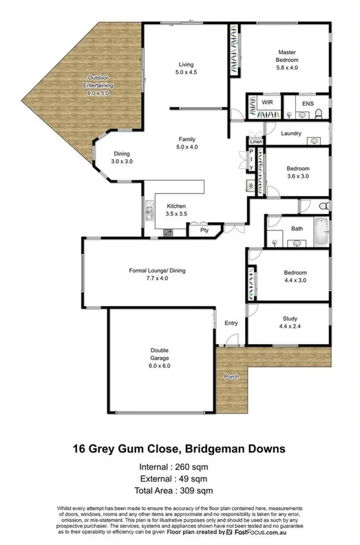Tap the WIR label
click(268, 102)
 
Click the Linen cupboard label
click(255, 141)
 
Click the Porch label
click(232, 376)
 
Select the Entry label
click(231, 323)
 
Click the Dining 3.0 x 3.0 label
click(121, 158)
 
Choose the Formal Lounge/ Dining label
click(158, 273)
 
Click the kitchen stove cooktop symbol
click(167, 231)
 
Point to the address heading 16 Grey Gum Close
click(180, 449)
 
